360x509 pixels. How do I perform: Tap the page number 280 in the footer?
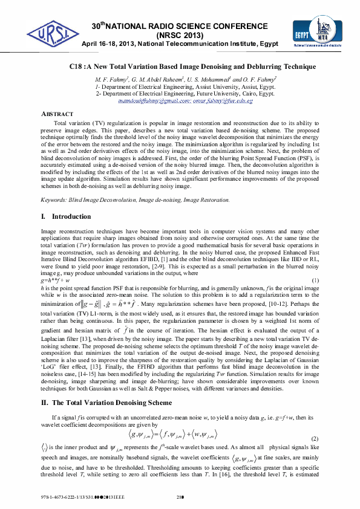tap(179, 498)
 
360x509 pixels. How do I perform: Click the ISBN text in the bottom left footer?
tap(79, 498)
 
